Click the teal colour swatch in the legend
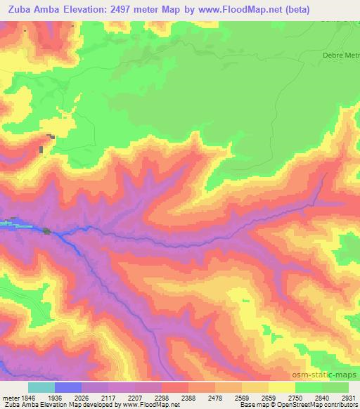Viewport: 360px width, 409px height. click(x=41, y=387)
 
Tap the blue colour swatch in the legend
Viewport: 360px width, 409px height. click(x=68, y=387)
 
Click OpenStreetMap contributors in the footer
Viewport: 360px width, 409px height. click(x=323, y=405)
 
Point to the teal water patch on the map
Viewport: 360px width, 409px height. click(x=8, y=224)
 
